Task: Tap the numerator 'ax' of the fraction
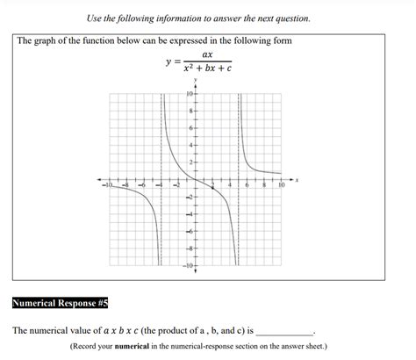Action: click(x=207, y=54)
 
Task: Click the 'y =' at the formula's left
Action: click(x=171, y=61)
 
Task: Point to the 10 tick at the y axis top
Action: click(x=189, y=94)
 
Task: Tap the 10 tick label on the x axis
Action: click(x=281, y=186)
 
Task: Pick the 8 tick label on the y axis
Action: click(x=190, y=112)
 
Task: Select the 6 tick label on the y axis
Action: click(x=190, y=128)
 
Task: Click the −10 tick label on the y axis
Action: click(x=188, y=265)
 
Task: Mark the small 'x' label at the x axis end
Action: click(x=297, y=180)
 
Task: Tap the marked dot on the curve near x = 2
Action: click(x=212, y=189)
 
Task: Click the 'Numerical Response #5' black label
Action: click(x=60, y=304)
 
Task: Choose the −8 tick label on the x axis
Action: click(x=126, y=186)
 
